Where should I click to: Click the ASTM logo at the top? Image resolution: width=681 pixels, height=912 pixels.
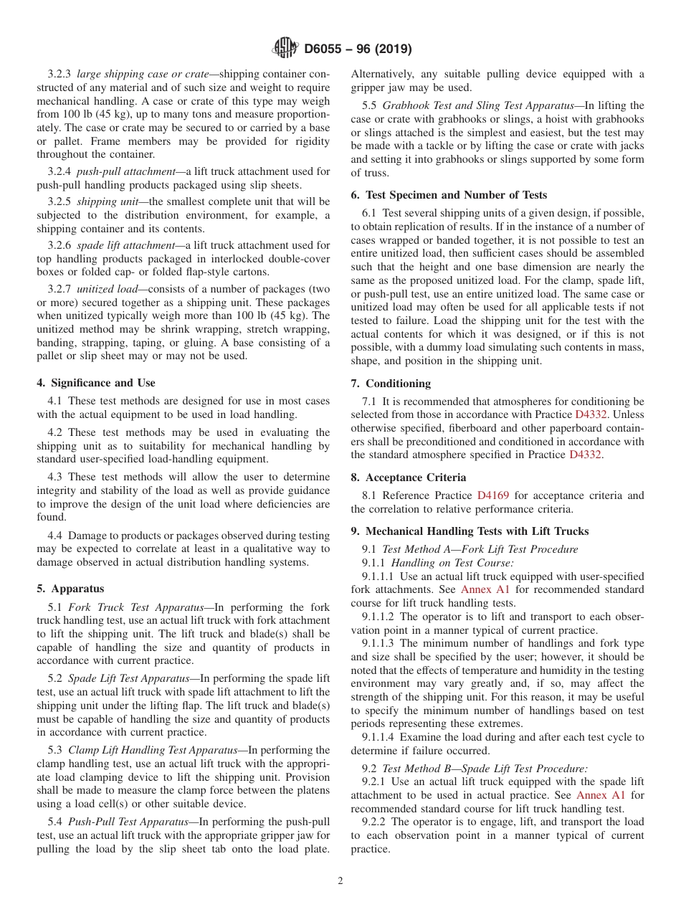(285, 49)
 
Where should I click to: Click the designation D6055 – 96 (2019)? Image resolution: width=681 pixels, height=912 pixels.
(358, 49)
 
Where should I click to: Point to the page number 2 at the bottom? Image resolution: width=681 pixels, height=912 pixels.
(340, 881)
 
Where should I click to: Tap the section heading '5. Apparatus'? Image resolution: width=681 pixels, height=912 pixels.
(70, 589)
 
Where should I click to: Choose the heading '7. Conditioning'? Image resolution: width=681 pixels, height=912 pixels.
(391, 384)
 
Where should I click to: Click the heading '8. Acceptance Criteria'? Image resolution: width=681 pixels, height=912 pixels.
(408, 478)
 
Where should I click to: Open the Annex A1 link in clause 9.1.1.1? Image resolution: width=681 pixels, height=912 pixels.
(485, 589)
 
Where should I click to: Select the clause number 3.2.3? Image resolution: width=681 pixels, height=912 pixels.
(59, 74)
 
